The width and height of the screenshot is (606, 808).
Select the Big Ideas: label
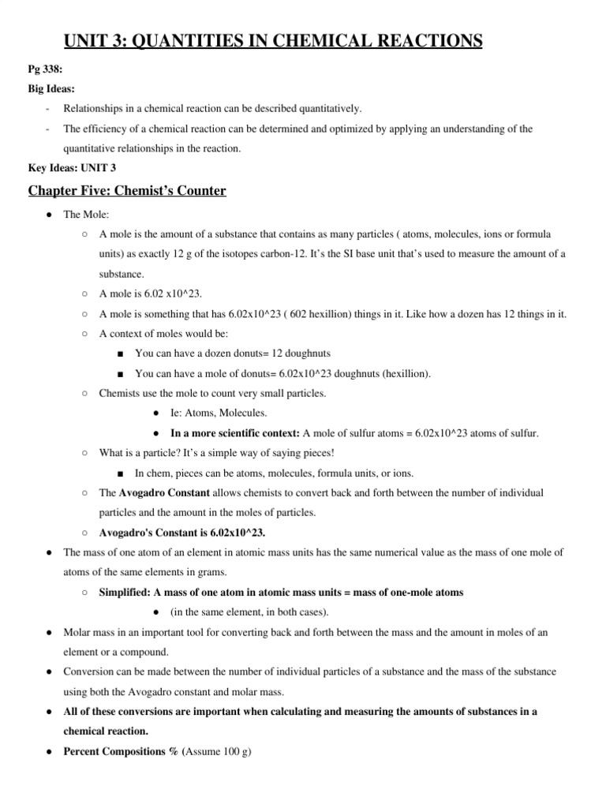[x=52, y=89]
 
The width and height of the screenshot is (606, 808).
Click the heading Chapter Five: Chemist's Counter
[x=127, y=190]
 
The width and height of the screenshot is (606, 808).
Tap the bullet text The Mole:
[x=84, y=215]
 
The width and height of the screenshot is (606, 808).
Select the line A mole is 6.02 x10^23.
[x=151, y=294]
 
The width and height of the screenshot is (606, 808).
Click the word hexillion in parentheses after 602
[x=342, y=313]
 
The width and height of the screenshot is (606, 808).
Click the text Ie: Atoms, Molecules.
[x=219, y=413]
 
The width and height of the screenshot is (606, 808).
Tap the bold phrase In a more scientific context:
[x=235, y=433]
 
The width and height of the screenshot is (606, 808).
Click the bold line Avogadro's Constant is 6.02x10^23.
[x=182, y=533]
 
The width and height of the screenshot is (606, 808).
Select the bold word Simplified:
[x=125, y=593]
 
